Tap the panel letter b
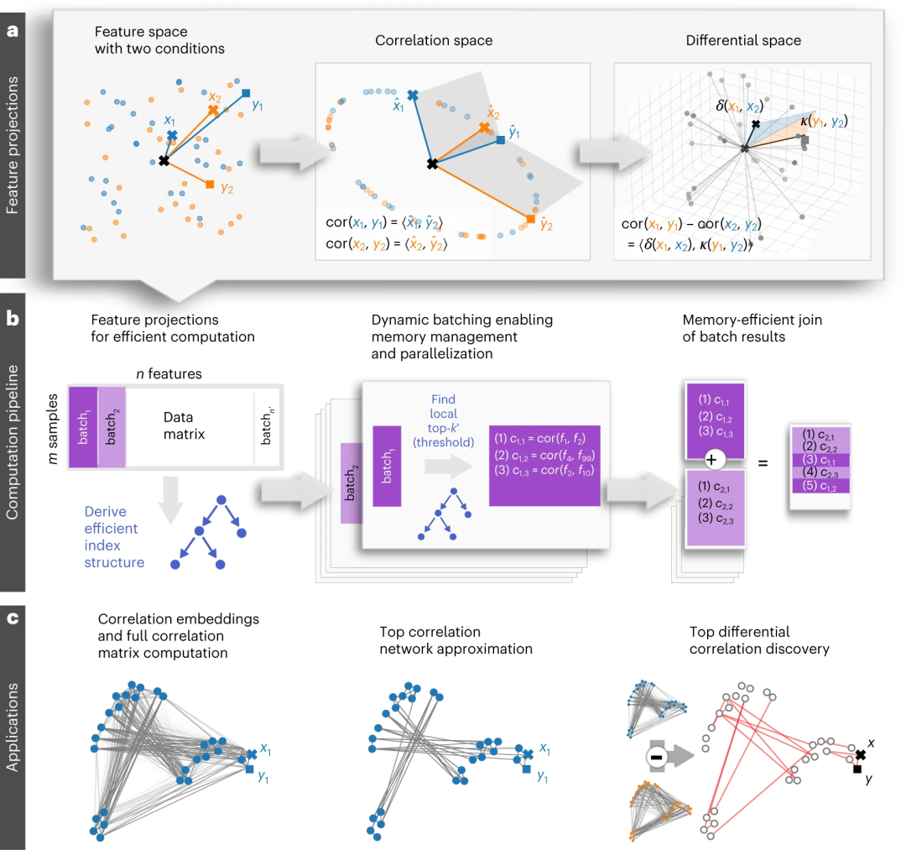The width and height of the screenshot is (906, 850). pyautogui.click(x=13, y=320)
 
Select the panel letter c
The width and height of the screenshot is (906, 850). pyautogui.click(x=13, y=622)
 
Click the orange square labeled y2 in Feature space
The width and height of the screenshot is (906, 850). pyautogui.click(x=210, y=184)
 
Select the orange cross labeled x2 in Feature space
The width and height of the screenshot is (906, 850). pyautogui.click(x=213, y=110)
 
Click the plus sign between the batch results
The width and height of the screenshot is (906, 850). pyautogui.click(x=711, y=461)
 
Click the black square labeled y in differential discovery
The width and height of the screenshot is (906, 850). pyautogui.click(x=857, y=769)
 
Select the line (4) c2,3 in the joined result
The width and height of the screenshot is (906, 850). pyautogui.click(x=820, y=472)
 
